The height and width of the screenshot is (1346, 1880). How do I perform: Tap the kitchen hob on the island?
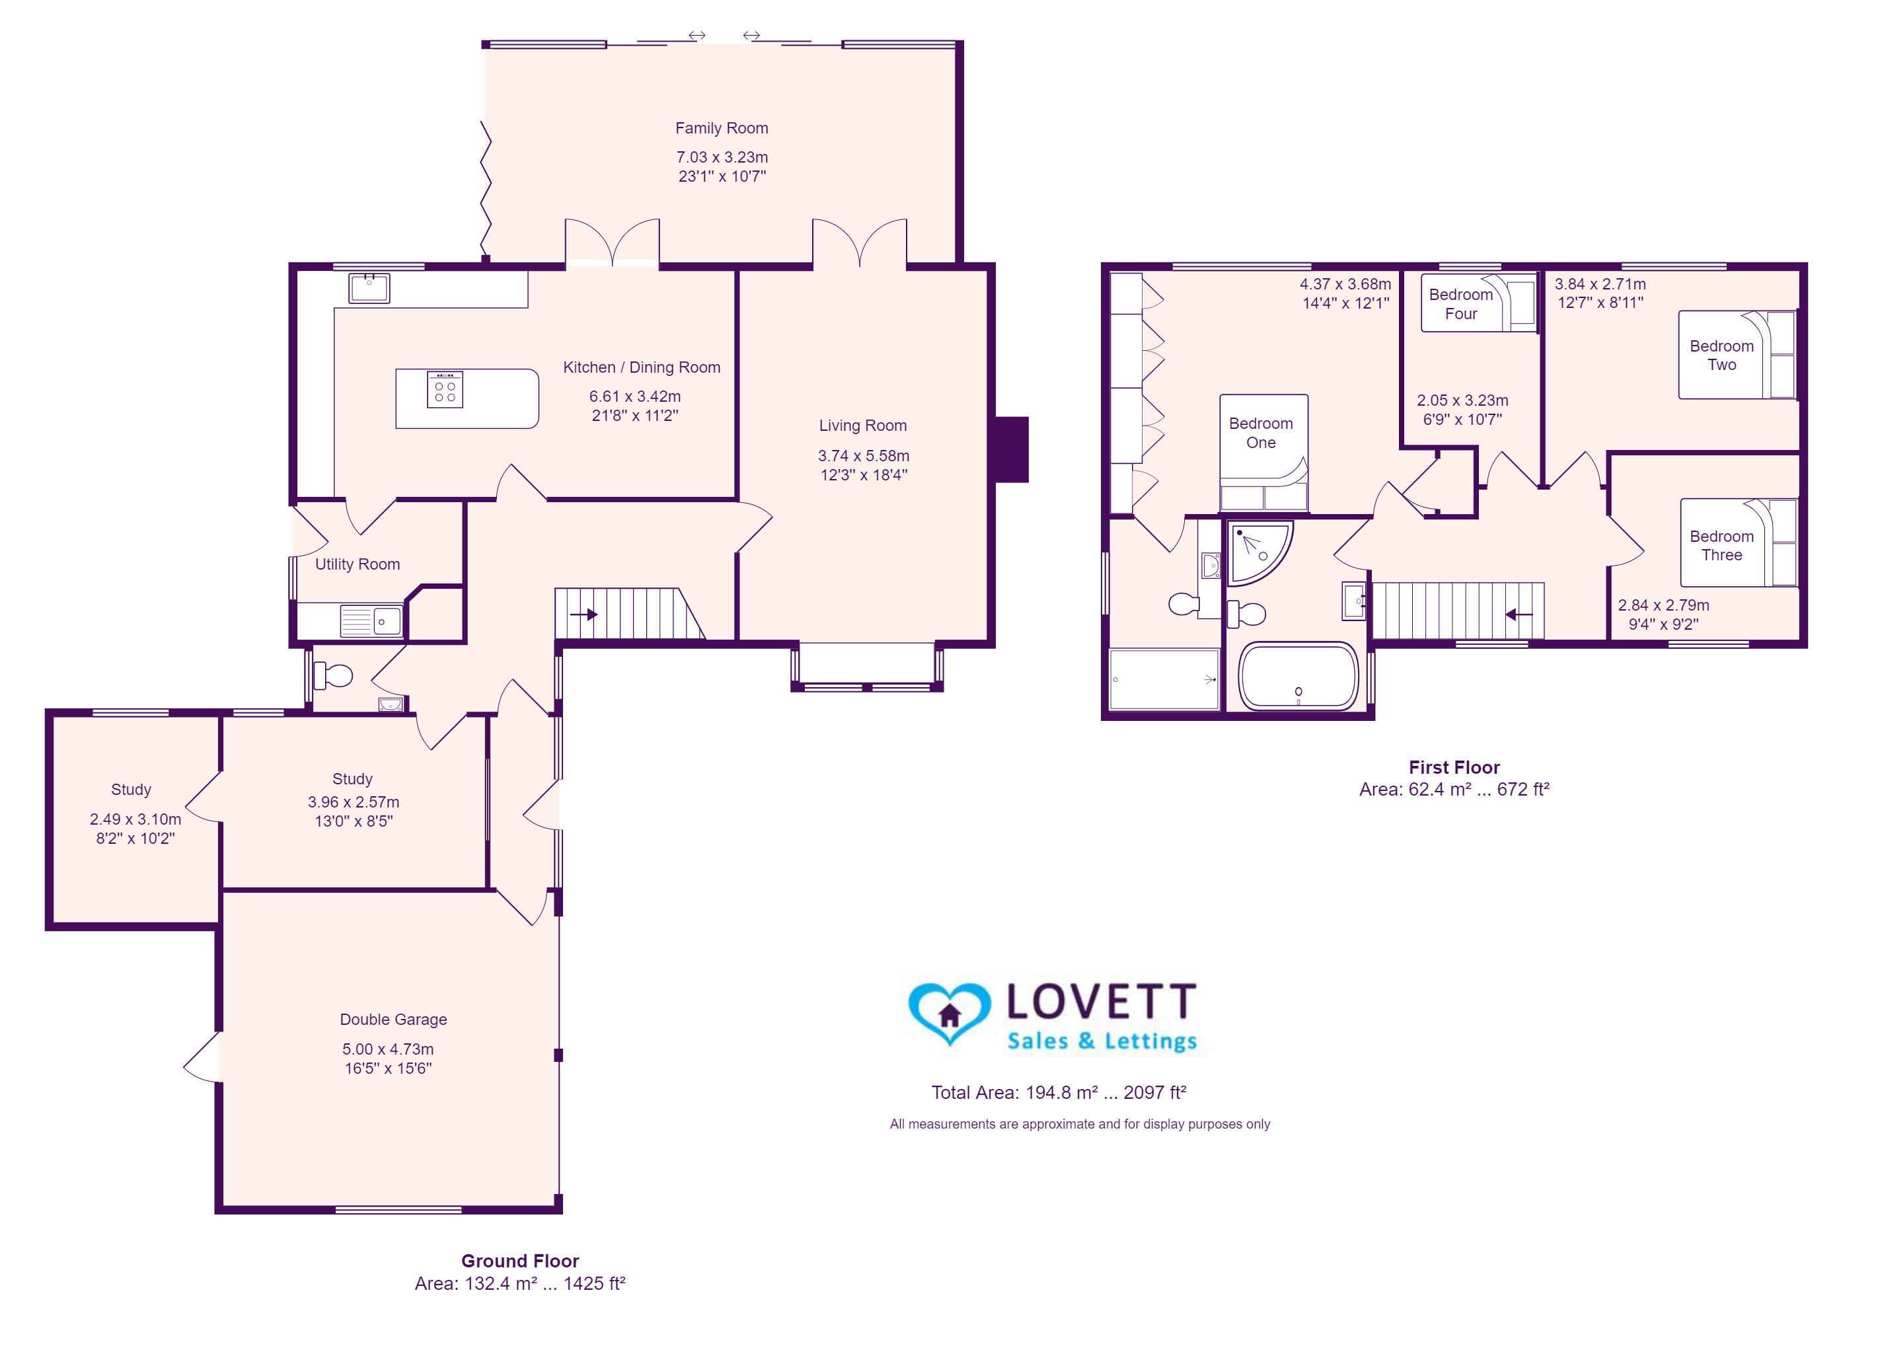(x=445, y=390)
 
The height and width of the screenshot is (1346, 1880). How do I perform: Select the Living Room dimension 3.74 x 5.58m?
(x=864, y=456)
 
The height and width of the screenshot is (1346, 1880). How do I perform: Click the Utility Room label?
(x=357, y=564)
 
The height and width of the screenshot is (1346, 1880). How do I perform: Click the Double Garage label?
(x=394, y=1020)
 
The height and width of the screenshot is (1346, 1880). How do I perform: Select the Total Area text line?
(x=1059, y=1092)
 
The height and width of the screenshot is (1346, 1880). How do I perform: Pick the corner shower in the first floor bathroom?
(x=1258, y=551)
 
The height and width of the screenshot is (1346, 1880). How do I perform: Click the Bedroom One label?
(x=1261, y=433)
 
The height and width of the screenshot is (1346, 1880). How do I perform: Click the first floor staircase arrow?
(x=1519, y=614)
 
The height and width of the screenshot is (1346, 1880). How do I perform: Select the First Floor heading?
(x=1454, y=767)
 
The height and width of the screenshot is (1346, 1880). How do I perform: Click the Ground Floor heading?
(x=520, y=1261)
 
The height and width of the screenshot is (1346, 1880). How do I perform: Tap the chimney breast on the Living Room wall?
(x=1011, y=449)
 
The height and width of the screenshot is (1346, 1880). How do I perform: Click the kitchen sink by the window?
(x=369, y=287)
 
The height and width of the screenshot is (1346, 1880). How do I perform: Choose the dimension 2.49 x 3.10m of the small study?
(x=135, y=819)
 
